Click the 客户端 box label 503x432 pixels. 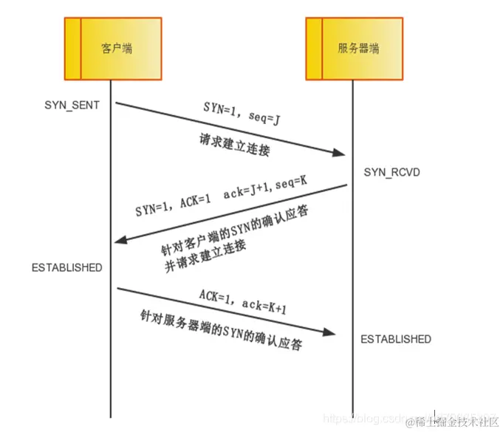[117, 48]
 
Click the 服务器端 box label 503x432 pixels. [358, 48]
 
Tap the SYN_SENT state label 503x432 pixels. [72, 105]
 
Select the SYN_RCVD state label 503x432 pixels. [393, 172]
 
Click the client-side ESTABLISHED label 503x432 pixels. [66, 267]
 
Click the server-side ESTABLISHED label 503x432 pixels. [396, 339]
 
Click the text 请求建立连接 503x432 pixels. [235, 144]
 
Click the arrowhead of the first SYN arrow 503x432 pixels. [340, 153]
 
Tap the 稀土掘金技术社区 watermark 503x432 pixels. [451, 421]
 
